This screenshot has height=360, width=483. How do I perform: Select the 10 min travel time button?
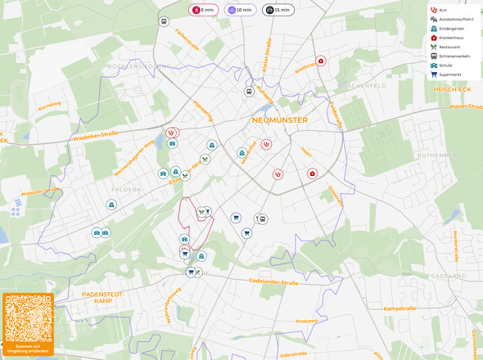tap(238, 10)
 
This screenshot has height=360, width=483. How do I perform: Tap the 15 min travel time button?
tap(276, 10)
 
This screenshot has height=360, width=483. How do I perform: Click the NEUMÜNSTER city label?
tap(280, 120)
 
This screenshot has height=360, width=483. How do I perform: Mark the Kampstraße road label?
tap(401, 308)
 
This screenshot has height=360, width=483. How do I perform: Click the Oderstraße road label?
tap(293, 353)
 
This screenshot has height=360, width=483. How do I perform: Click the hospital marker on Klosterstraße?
tap(321, 61)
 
